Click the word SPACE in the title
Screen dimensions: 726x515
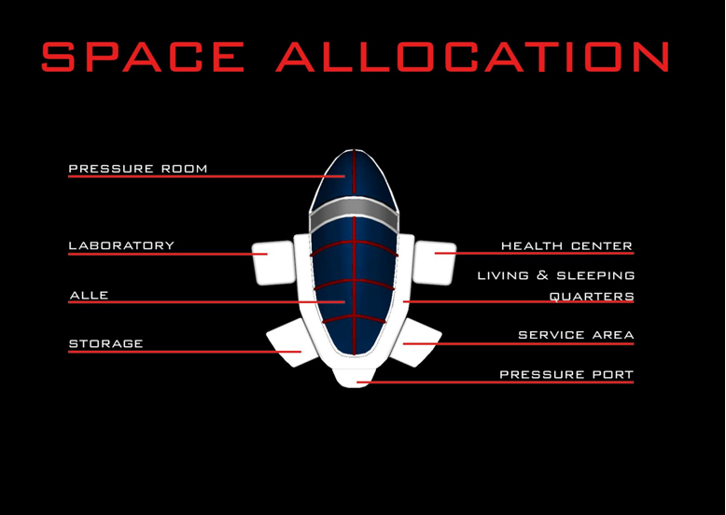click(x=143, y=57)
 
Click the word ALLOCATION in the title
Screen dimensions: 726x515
click(x=473, y=57)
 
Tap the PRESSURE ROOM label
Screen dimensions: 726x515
click(x=138, y=169)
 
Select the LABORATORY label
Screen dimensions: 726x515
click(x=121, y=245)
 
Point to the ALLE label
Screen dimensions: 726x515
click(x=89, y=295)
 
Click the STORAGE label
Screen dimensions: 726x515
click(x=106, y=343)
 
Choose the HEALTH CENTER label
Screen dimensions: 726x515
click(x=566, y=246)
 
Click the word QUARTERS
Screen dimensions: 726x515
click(x=592, y=297)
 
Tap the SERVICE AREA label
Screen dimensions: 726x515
click(x=576, y=335)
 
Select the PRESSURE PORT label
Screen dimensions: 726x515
click(x=566, y=374)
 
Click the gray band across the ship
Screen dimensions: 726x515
click(x=355, y=216)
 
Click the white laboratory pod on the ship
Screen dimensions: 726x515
click(x=274, y=263)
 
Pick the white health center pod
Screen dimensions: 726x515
click(x=434, y=263)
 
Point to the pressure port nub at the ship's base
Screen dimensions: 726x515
click(x=355, y=378)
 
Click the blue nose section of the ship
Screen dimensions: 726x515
click(x=355, y=178)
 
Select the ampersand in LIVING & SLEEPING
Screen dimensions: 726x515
click(x=542, y=276)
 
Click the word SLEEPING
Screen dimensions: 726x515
click(x=595, y=276)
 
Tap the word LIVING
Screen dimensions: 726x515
click(x=503, y=276)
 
